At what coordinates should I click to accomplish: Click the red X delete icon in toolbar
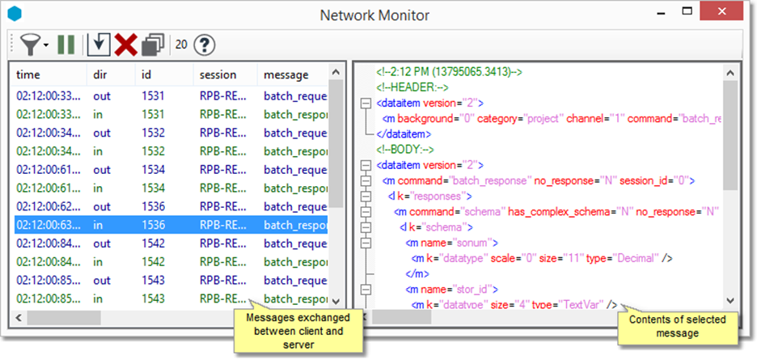coord(125,44)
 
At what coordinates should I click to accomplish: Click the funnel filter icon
coord(32,44)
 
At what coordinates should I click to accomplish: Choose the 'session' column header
coord(218,74)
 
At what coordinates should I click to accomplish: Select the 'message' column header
coord(286,74)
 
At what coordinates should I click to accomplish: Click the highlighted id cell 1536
coord(153,225)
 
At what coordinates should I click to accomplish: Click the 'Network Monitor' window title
coord(374,15)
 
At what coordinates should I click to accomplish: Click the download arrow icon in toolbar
coord(99,44)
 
